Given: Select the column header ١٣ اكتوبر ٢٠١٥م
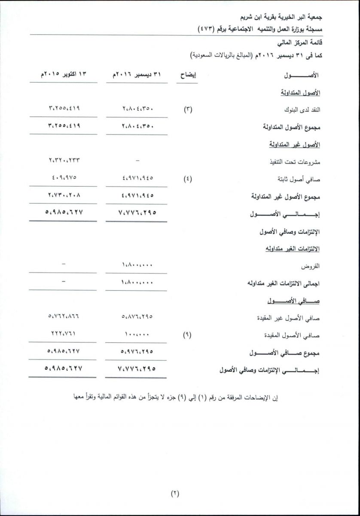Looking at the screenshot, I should pyautogui.click(x=63, y=74).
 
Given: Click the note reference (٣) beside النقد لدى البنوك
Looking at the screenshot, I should pyautogui.click(x=188, y=110).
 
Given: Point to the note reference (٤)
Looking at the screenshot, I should pyautogui.click(x=188, y=179).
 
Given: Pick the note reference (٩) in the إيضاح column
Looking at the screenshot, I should pyautogui.click(x=188, y=335).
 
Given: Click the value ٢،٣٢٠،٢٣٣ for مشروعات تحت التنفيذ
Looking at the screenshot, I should pyautogui.click(x=63, y=161).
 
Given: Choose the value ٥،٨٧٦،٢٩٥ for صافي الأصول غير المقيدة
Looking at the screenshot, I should pyautogui.click(x=136, y=317).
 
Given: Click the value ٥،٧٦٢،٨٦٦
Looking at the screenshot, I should pyautogui.click(x=63, y=317).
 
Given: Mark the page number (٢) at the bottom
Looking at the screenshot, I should pyautogui.click(x=174, y=493).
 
